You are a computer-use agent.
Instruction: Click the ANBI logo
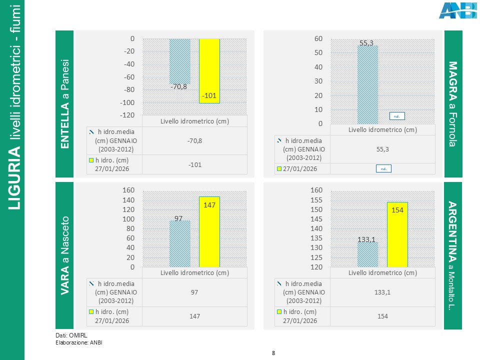[457, 10]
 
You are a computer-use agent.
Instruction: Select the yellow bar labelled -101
[209, 70]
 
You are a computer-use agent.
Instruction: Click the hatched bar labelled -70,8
[179, 61]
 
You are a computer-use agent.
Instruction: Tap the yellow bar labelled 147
[209, 232]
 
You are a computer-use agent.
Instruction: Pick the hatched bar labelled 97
[179, 244]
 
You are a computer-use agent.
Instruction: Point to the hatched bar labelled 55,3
[367, 85]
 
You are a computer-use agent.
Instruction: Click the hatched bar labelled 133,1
[367, 254]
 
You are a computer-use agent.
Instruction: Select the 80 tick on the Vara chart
[128, 228]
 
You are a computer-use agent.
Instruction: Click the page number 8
[273, 353]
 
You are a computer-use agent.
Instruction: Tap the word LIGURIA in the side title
[15, 179]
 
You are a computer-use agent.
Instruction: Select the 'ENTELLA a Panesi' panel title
[65, 104]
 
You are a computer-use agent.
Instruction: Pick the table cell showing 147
[194, 316]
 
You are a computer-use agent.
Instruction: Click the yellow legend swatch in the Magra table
[279, 169]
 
